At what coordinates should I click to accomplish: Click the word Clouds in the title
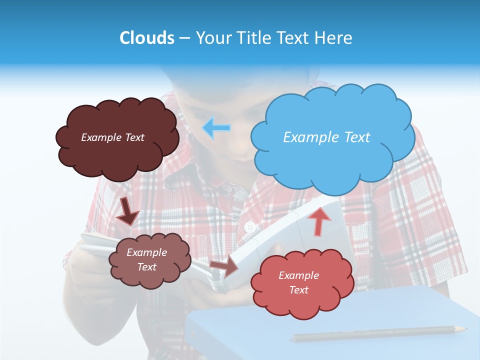point(147,38)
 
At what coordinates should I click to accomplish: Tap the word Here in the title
point(334,38)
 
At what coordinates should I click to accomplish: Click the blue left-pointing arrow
point(216,128)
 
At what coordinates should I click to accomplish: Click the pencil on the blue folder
point(380,333)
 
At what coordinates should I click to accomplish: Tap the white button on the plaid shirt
point(250,227)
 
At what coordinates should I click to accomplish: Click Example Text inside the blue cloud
point(326,137)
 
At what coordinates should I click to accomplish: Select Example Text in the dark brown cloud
point(112,137)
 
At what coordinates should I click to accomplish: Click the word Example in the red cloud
point(298,275)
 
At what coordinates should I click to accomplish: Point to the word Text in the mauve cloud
point(147,267)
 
